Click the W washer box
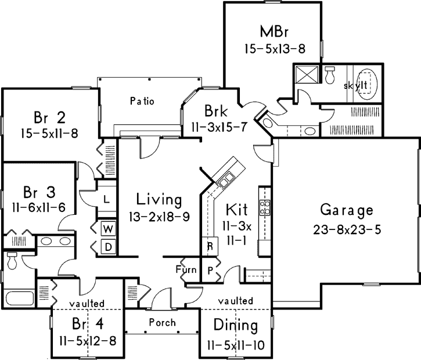pyautogui.click(x=107, y=229)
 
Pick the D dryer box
pyautogui.click(x=107, y=246)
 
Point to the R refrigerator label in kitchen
pyautogui.click(x=209, y=246)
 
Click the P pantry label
pyautogui.click(x=209, y=271)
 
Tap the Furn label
pyautogui.click(x=186, y=269)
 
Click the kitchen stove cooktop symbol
pyautogui.click(x=265, y=207)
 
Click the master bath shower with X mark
pyautogui.click(x=306, y=75)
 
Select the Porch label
pyautogui.click(x=163, y=323)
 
